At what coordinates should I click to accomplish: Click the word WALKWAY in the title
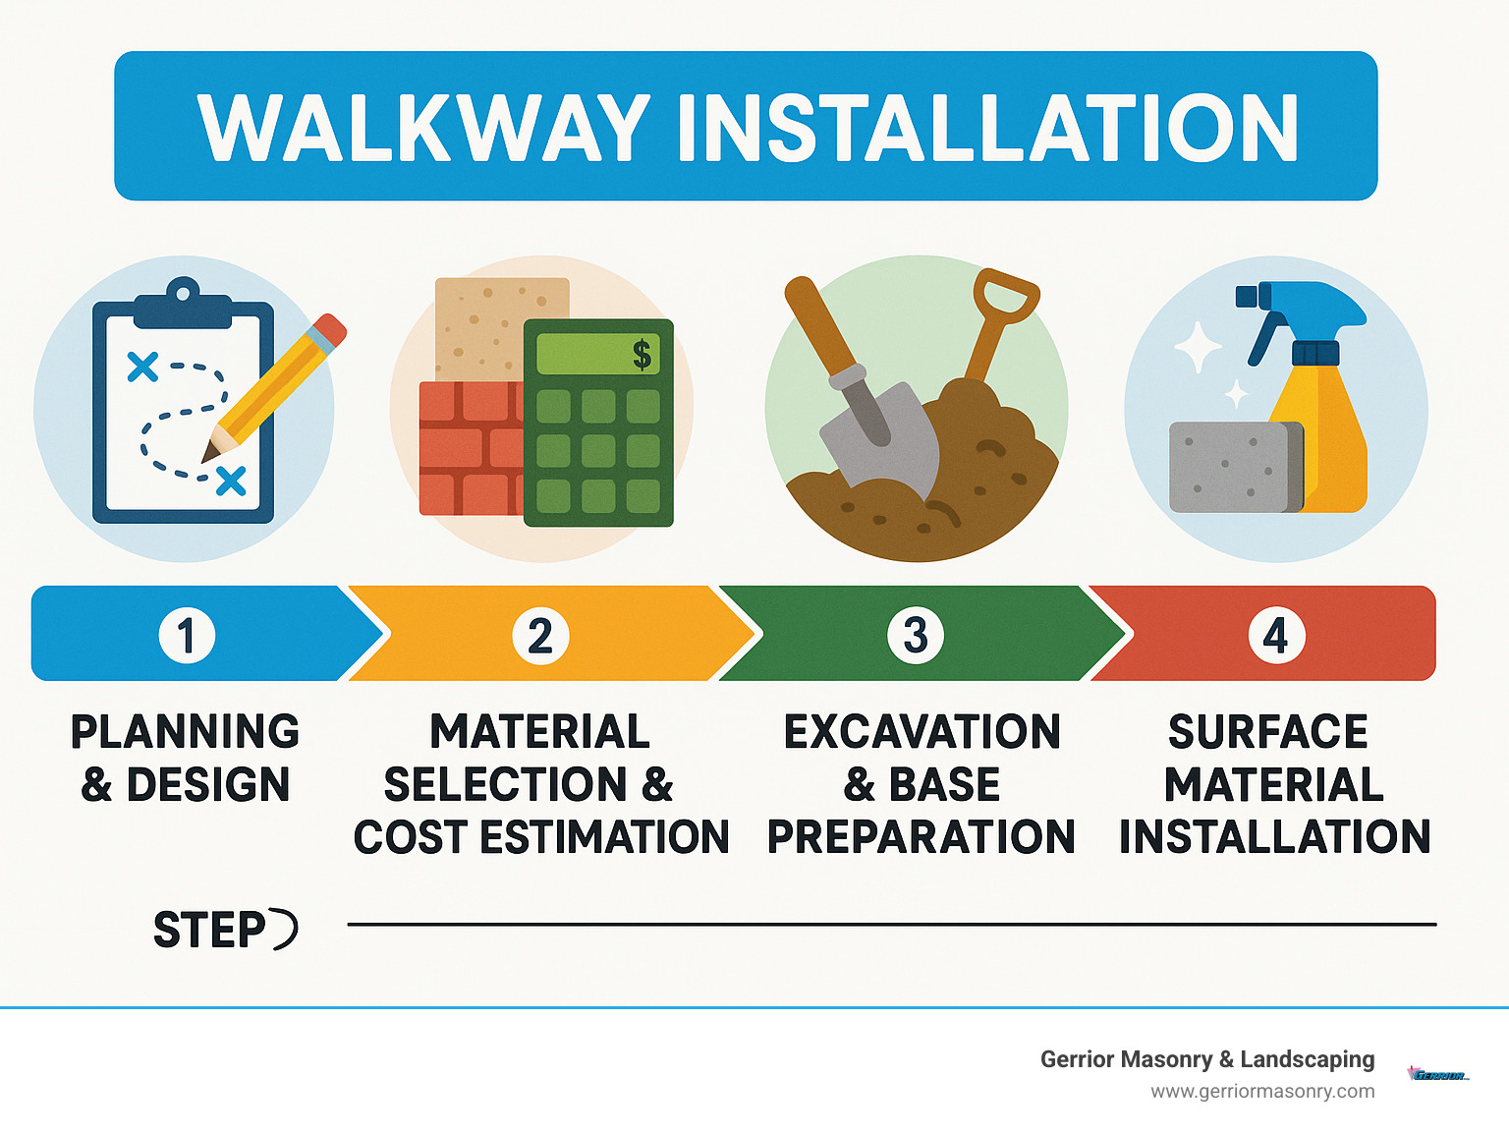[423, 128]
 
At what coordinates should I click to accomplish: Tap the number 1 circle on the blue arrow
[187, 635]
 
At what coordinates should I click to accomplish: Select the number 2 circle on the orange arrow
[540, 636]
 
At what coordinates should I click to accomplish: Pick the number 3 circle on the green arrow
[915, 635]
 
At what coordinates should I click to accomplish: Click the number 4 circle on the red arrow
[1275, 636]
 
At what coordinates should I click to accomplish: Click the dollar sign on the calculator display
[642, 354]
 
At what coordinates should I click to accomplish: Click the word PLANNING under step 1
[185, 732]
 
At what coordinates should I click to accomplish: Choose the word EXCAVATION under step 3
[922, 732]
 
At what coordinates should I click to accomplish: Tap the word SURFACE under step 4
[1267, 732]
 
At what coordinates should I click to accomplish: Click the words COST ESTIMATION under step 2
[541, 837]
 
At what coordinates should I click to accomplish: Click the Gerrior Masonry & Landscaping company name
[1206, 1059]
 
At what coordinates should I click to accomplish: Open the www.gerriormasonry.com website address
[1262, 1092]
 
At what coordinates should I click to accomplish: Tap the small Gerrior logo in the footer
[1437, 1075]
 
